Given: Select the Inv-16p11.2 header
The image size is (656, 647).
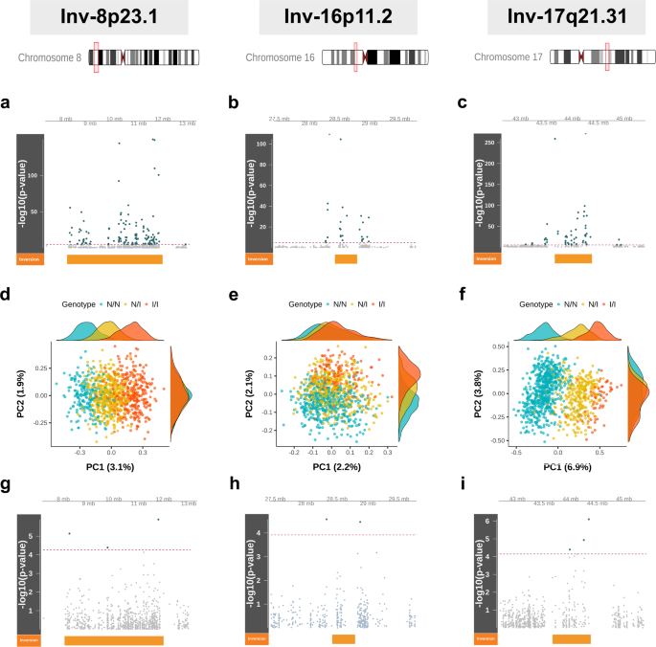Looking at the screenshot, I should tap(328, 17).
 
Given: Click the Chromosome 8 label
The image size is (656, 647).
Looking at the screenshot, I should tap(51, 58).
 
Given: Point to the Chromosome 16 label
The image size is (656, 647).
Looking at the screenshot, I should tap(280, 58).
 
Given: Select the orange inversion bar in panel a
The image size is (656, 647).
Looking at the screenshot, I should tap(115, 258).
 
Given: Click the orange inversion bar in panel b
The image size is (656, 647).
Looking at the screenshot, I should tap(346, 258).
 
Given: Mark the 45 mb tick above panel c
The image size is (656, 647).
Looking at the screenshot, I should tap(623, 119).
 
